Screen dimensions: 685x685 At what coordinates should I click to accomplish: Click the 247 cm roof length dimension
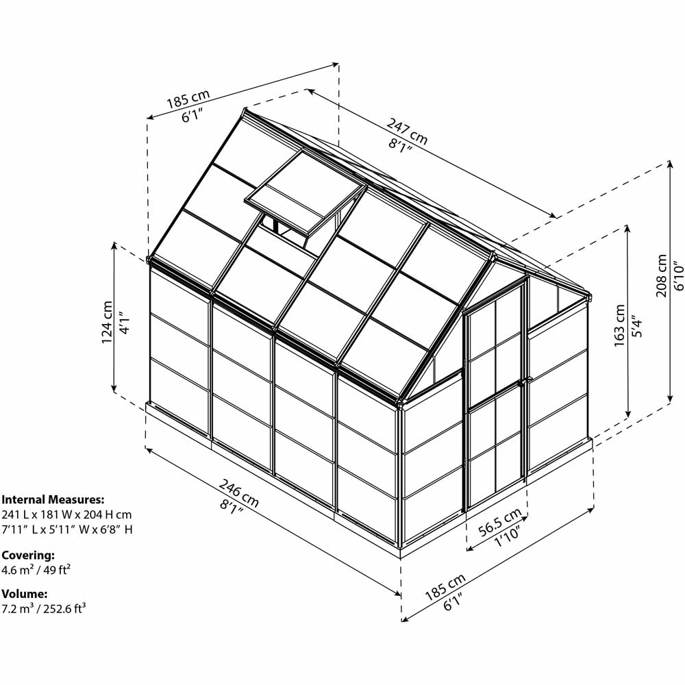pyautogui.click(x=407, y=130)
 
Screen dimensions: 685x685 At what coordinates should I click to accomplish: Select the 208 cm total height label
pyautogui.click(x=662, y=275)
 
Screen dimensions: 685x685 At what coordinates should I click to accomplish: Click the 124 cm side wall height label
pyautogui.click(x=107, y=322)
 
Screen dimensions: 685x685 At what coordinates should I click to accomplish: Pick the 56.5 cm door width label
pyautogui.click(x=500, y=522)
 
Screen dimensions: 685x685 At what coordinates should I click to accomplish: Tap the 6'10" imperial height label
pyautogui.click(x=678, y=275)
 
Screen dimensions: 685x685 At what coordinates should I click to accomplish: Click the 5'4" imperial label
pyautogui.click(x=637, y=326)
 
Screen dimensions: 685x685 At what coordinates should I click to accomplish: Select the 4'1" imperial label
pyautogui.click(x=124, y=323)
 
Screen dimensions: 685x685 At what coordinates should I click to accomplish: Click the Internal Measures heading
pyautogui.click(x=53, y=499)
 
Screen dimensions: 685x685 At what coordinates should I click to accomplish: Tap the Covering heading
pyautogui.click(x=28, y=556)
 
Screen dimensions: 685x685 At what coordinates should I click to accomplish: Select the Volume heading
pyautogui.click(x=25, y=594)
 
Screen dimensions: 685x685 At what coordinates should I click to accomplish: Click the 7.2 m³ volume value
pyautogui.click(x=18, y=608)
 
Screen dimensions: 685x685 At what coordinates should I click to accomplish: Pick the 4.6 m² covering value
pyautogui.click(x=18, y=570)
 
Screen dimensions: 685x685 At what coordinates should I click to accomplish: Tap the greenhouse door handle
pyautogui.click(x=521, y=383)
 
